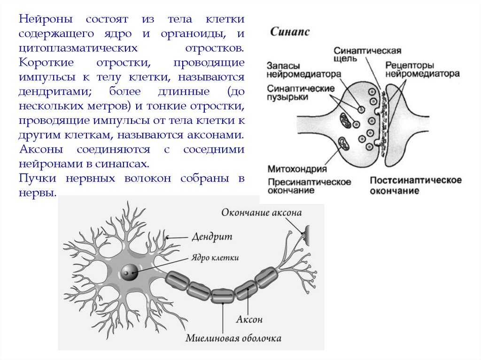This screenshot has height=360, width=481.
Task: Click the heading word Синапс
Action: tap(289, 32)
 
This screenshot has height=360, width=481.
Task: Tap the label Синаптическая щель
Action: tap(367, 54)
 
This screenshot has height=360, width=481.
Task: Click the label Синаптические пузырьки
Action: tap(301, 92)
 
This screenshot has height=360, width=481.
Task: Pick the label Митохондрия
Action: tap(297, 168)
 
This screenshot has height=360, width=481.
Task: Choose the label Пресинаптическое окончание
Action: tap(310, 186)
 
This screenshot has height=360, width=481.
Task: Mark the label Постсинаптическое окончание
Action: tap(415, 185)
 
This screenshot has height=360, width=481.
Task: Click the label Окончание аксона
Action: tap(261, 213)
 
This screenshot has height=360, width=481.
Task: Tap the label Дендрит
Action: tap(212, 237)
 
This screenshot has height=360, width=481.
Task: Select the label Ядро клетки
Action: tap(215, 258)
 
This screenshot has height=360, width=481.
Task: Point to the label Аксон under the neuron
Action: tap(249, 320)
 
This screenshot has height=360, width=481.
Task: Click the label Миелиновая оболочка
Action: tap(233, 338)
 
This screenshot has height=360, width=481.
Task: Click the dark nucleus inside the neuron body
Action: tap(129, 272)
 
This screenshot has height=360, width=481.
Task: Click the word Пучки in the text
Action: tap(35, 179)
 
